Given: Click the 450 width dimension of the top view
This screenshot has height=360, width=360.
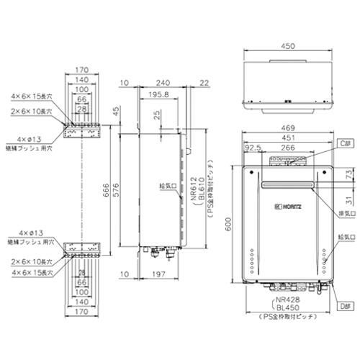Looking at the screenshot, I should pyautogui.click(x=287, y=46).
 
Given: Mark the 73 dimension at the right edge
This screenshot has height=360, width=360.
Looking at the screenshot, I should pyautogui.click(x=348, y=174).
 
